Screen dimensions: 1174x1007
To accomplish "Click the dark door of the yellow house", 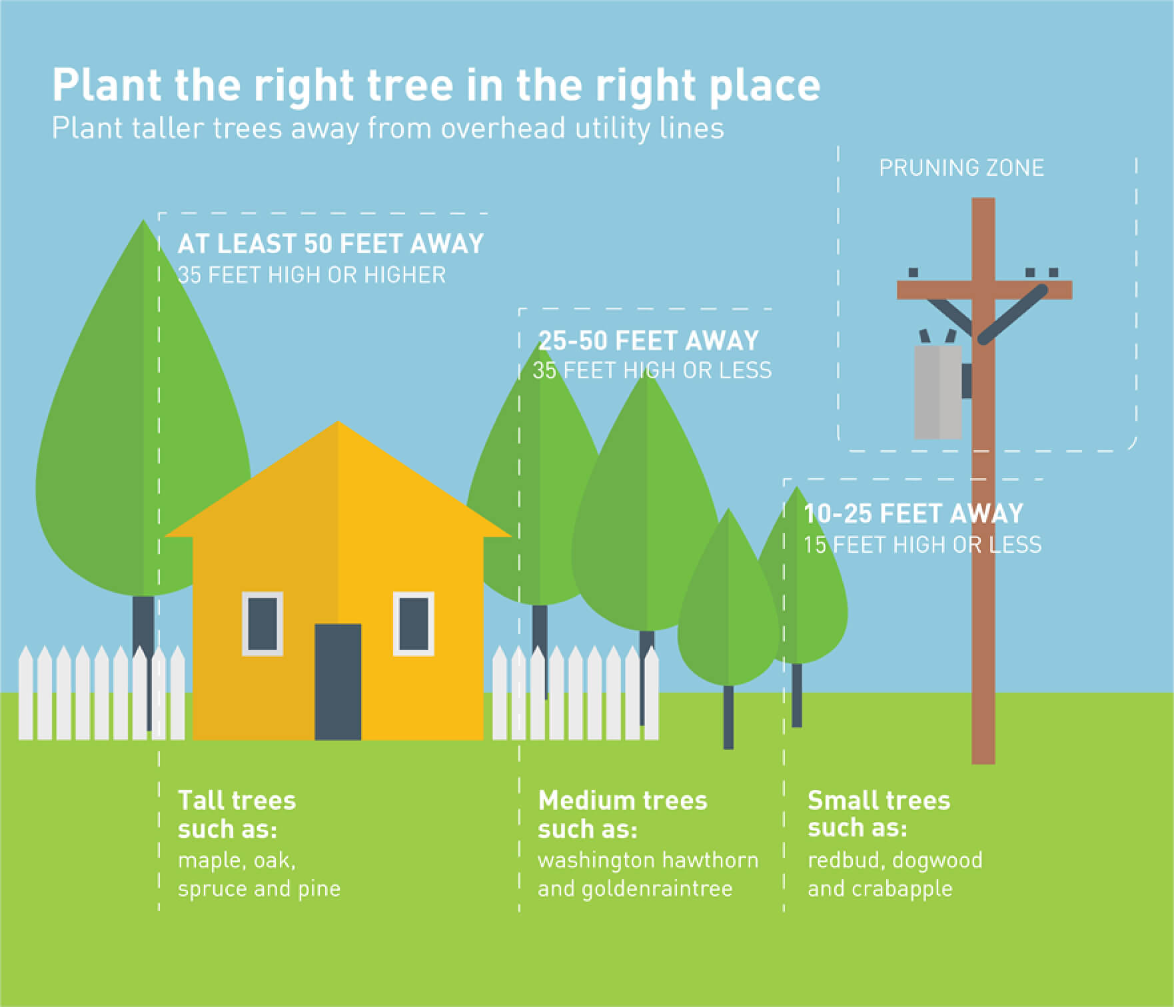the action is [x=338, y=681].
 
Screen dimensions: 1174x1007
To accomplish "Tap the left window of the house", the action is [x=263, y=624].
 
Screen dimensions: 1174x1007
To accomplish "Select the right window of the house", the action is [x=414, y=624].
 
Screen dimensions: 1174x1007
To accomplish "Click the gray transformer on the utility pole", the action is [x=938, y=392].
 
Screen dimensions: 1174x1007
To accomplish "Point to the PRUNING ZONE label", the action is [x=961, y=168].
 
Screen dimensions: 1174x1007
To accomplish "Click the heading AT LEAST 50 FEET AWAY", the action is [x=330, y=244].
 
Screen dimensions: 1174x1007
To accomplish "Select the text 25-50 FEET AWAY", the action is [x=648, y=341].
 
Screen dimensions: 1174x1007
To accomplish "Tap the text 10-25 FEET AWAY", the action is [x=913, y=513].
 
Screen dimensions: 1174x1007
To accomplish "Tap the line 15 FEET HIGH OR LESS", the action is [x=923, y=545].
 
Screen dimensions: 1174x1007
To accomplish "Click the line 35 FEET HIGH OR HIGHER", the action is [x=312, y=275].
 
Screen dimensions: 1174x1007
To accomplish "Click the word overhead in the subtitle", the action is [x=503, y=128].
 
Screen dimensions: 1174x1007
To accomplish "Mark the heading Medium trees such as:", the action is [x=622, y=815].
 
